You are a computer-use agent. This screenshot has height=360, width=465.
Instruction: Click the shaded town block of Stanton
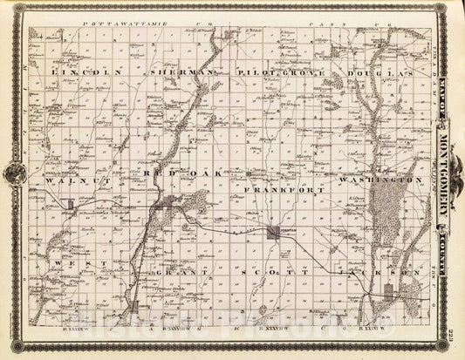coord(274,232)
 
